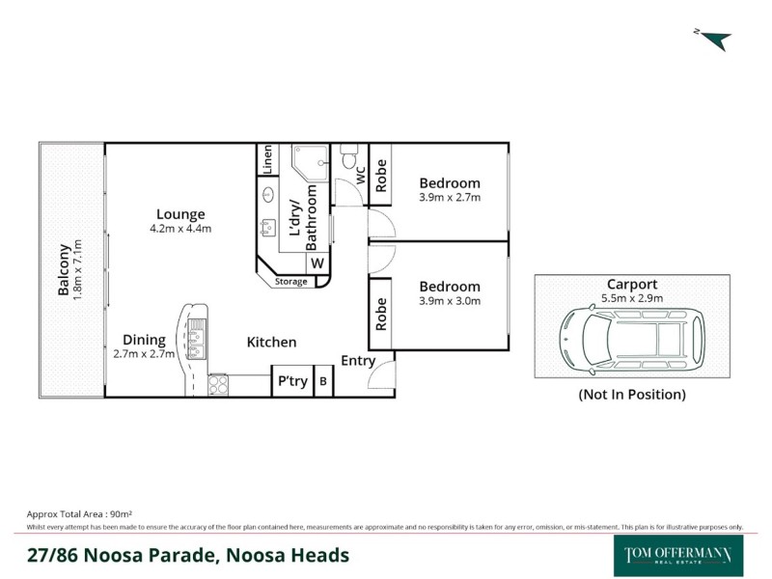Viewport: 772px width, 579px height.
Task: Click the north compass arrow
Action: click(x=715, y=40)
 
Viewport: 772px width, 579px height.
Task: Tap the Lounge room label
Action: click(x=182, y=214)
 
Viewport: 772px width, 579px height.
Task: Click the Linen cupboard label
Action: click(x=267, y=159)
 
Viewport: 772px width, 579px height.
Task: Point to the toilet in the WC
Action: click(x=348, y=157)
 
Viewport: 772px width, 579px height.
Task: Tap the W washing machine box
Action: click(x=317, y=263)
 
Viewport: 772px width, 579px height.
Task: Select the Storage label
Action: click(x=290, y=282)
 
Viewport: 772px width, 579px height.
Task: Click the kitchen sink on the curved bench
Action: click(x=198, y=339)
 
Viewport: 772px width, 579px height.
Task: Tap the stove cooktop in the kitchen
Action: click(x=217, y=384)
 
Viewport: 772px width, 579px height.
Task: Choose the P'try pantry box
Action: click(x=292, y=381)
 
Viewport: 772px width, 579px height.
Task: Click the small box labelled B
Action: click(x=323, y=381)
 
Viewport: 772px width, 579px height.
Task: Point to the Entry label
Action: click(x=358, y=361)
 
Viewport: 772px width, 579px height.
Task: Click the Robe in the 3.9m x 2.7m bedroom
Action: click(x=380, y=175)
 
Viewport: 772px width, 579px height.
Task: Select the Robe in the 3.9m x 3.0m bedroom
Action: click(x=380, y=315)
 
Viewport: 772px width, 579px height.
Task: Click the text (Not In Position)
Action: click(x=632, y=395)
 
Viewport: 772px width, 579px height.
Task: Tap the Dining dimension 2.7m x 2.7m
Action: click(x=144, y=354)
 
